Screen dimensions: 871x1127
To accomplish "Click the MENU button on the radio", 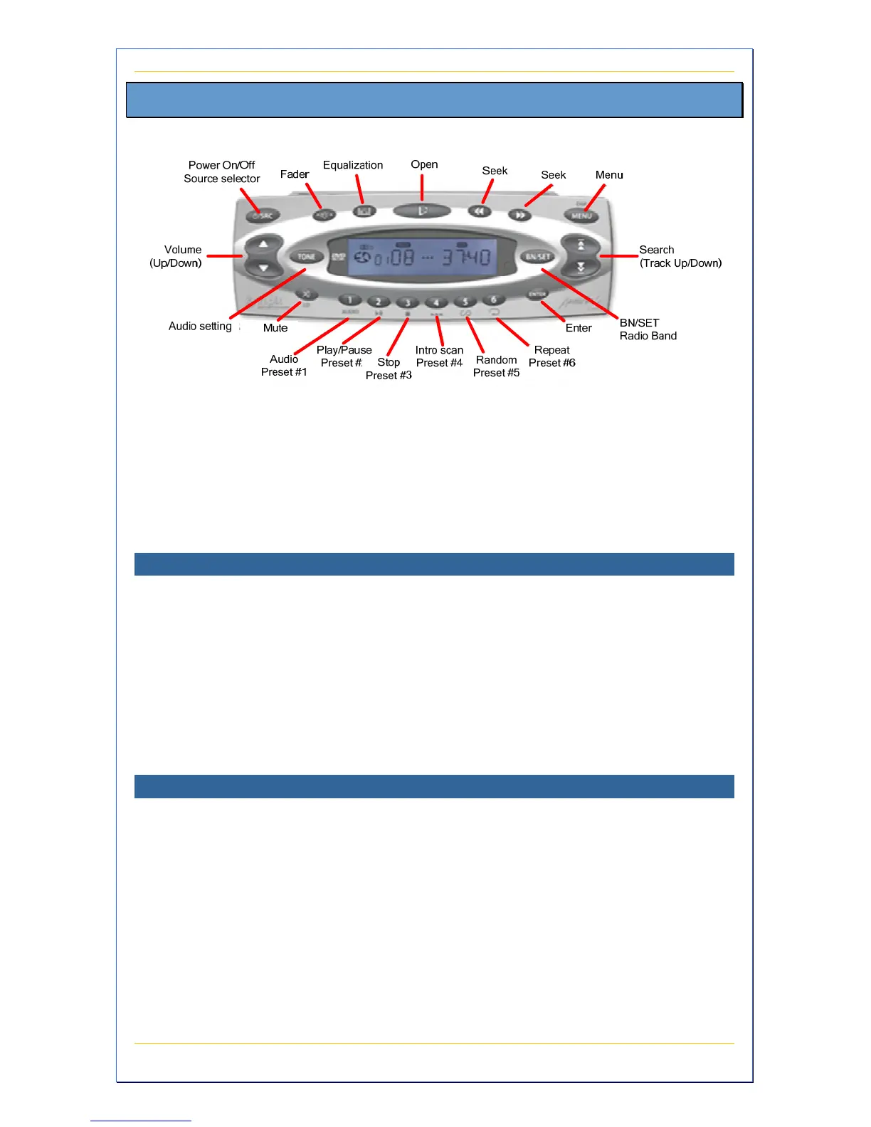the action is (581, 215).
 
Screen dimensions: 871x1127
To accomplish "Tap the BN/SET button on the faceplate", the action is (538, 256).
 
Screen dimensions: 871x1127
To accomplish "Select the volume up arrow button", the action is (263, 245).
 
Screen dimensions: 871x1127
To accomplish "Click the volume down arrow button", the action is (263, 268).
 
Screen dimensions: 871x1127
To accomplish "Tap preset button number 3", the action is (407, 302).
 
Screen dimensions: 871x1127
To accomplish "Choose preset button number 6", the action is (493, 300).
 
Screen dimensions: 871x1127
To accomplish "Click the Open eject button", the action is (422, 211).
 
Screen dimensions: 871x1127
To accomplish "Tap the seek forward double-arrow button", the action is (520, 214).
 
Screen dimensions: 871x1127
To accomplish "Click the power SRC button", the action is (263, 215).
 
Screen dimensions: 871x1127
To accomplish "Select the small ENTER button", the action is (537, 294).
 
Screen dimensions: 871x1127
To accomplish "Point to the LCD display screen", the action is (422, 256).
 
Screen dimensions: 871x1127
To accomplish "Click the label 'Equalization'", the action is (353, 165).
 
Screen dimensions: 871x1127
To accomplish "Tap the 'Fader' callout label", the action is (295, 174).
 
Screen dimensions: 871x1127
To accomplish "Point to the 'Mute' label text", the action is (275, 328).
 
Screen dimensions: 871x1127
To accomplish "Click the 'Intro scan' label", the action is (439, 350).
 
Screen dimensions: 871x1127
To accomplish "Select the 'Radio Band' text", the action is (648, 336).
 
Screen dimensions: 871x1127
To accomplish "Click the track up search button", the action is (581, 245).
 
